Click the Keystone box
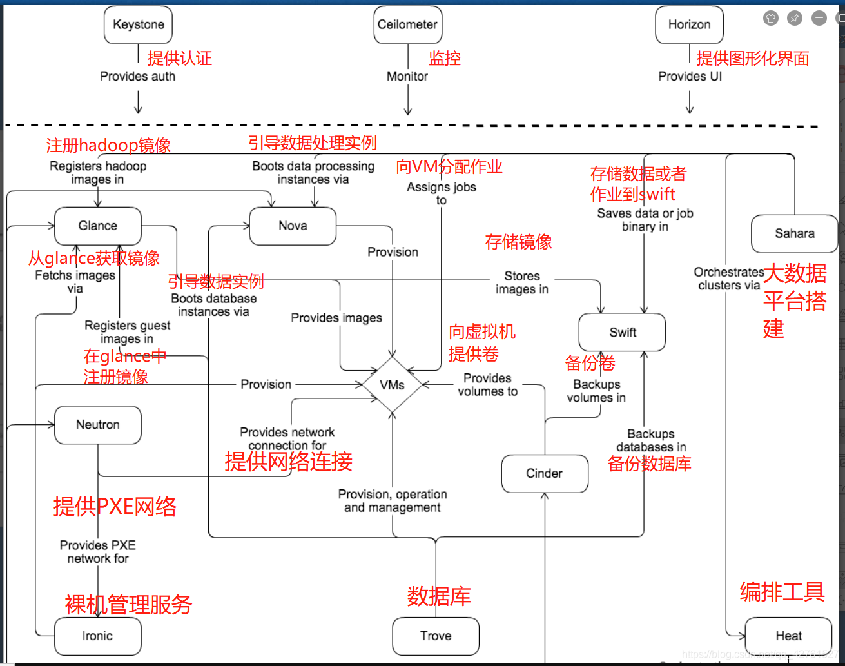coord(138,25)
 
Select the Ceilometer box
coord(407,25)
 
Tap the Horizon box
coord(689,25)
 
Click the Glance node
coord(98,226)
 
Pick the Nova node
coord(293,226)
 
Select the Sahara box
coord(794,234)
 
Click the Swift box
coord(622,333)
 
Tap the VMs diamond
coord(392,385)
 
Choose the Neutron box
coord(98,425)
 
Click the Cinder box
coord(544,474)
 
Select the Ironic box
coord(97,636)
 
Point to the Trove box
coord(436,636)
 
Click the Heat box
coord(788,636)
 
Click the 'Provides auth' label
coord(137,77)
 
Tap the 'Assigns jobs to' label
coord(442,193)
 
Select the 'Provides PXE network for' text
coord(98,552)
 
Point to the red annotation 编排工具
coord(782,591)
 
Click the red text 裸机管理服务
coord(128,605)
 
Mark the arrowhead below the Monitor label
coord(408,111)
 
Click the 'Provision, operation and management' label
coord(393,501)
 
